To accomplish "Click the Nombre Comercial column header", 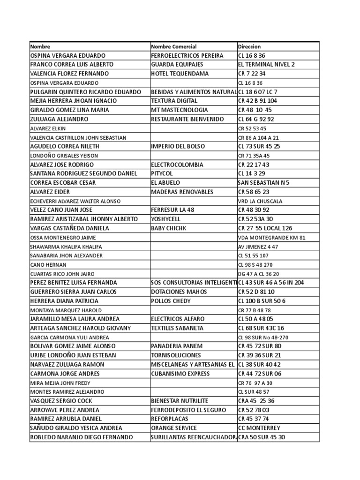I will (x=174, y=47).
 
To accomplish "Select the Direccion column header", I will (x=249, y=47).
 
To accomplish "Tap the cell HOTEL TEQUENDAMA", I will (x=180, y=74).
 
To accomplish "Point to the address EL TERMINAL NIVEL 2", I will (x=266, y=65).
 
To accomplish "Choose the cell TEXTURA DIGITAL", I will (x=174, y=101).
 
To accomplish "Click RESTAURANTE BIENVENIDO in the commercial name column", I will (x=187, y=119).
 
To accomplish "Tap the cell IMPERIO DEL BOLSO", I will (x=178, y=146).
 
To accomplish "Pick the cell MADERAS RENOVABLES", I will (x=182, y=192).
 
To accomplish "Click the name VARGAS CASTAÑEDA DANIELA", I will (x=69, y=228).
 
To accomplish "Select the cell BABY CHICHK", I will (x=169, y=228).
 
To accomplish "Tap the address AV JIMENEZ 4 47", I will (x=258, y=247).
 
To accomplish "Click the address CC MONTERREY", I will (x=259, y=428).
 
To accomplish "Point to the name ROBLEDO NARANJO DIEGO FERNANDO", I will (x=81, y=437).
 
